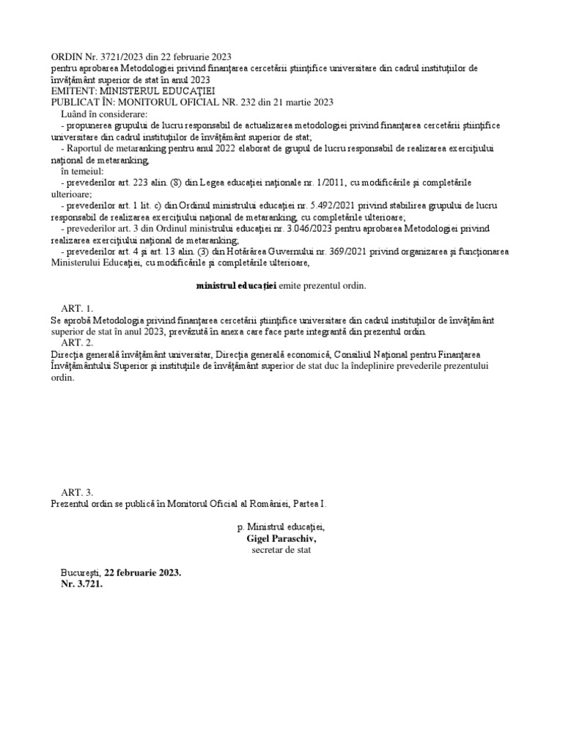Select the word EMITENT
point(73,91)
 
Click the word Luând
point(76,114)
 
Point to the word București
point(81,573)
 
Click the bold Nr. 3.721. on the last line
point(82,585)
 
